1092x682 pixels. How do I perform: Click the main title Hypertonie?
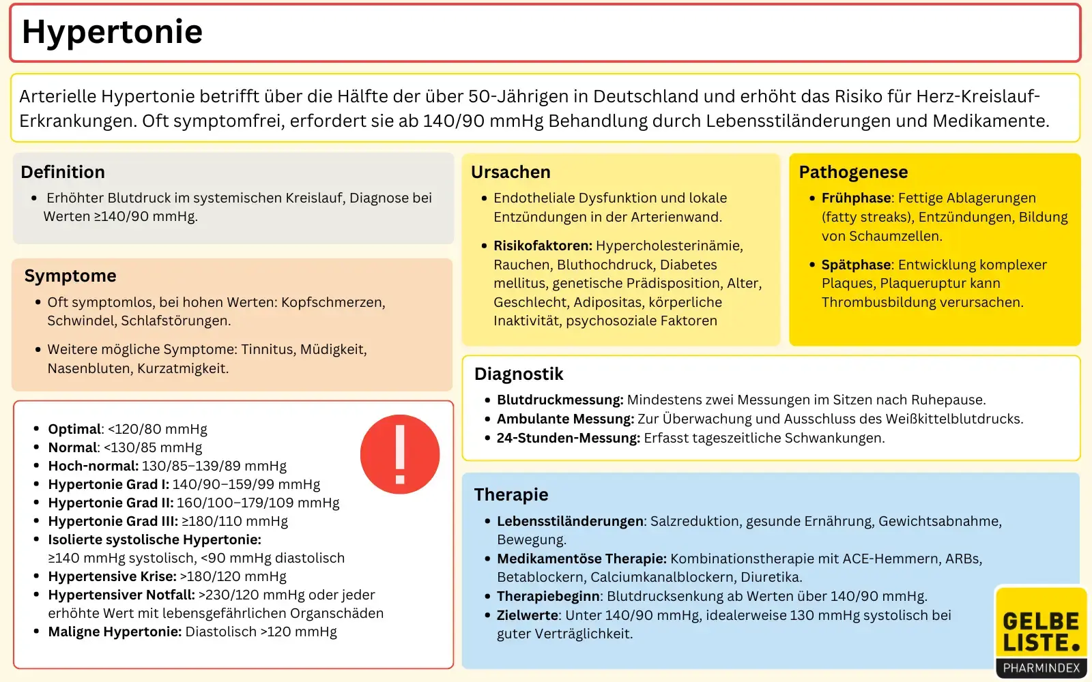tap(113, 32)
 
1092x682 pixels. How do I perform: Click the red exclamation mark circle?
tap(400, 454)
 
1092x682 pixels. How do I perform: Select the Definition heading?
tap(63, 172)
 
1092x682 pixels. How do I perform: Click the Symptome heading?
tap(70, 276)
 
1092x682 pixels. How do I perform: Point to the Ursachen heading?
tap(511, 172)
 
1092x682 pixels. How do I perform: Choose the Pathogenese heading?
tap(853, 172)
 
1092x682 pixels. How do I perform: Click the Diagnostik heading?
tap(519, 374)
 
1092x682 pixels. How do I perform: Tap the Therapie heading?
tap(511, 494)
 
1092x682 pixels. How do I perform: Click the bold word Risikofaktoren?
tap(543, 246)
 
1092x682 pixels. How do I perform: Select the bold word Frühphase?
tap(857, 198)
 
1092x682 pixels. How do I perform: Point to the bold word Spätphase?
tap(857, 265)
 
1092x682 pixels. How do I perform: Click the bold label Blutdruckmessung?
tap(560, 400)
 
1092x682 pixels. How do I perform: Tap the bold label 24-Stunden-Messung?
tap(568, 438)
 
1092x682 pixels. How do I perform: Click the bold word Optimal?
tap(74, 429)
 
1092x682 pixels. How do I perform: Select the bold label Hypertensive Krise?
tap(112, 576)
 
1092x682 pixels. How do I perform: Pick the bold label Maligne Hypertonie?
tap(115, 632)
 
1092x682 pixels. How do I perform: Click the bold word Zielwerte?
tap(528, 615)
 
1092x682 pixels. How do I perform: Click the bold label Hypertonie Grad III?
tap(113, 521)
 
